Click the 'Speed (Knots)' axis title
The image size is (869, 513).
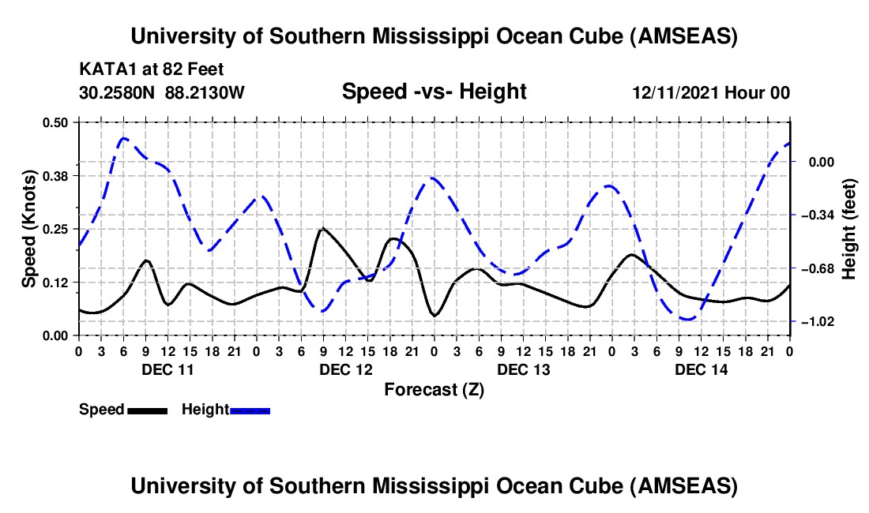coord(28,229)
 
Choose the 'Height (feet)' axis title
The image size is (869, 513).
coord(849,229)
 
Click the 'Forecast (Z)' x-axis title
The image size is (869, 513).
coord(434,389)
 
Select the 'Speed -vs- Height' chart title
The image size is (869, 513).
coord(434,92)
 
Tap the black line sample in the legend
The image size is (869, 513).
coord(147,410)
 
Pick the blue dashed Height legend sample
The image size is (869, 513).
coord(250,410)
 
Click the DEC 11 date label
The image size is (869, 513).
coord(167,369)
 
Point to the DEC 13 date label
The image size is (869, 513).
coord(523,369)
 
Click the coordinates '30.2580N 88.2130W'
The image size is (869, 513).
coord(162,93)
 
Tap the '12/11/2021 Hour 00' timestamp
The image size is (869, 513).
coord(711,93)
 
